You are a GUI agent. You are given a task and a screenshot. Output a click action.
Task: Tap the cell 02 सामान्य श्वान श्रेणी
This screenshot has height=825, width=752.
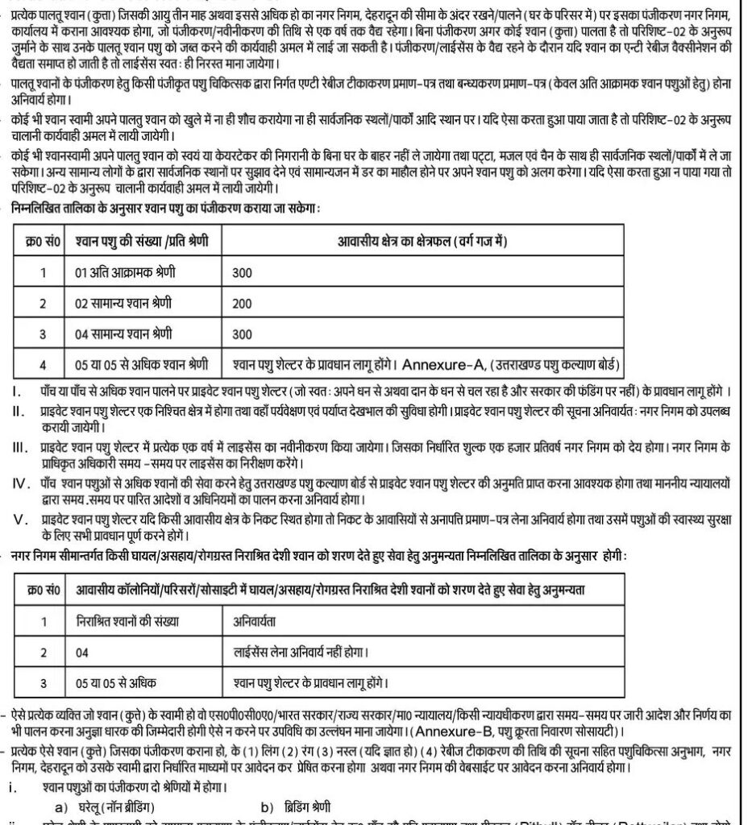click(x=123, y=303)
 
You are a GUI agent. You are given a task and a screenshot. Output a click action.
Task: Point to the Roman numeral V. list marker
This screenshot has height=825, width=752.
click(x=21, y=518)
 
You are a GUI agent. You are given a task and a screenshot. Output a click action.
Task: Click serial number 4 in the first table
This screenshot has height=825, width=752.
click(x=43, y=363)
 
